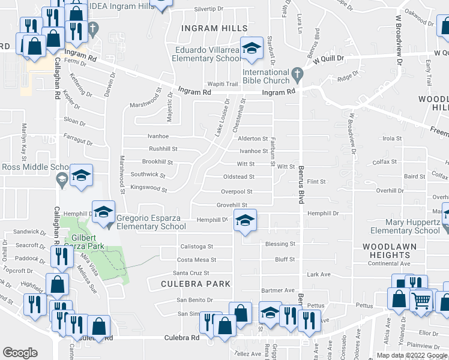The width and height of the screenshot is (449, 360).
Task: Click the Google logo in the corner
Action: click(x=20, y=353)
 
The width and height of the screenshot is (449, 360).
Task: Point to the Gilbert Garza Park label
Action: click(x=84, y=241)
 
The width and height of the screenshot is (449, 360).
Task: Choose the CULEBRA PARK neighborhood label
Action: click(x=196, y=283)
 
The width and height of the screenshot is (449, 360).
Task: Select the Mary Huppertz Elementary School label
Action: click(x=405, y=226)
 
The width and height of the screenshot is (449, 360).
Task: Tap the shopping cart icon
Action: click(x=422, y=299)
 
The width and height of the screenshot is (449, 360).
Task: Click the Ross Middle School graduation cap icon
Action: click(x=81, y=175)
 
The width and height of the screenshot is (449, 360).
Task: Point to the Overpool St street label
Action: click(x=237, y=192)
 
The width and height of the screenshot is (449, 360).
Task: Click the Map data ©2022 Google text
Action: click(x=411, y=355)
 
